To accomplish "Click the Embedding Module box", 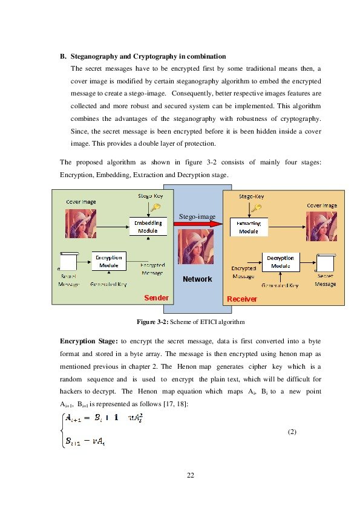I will click(x=148, y=227).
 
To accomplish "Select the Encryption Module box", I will click(x=109, y=261).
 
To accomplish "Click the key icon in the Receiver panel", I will click(x=256, y=208).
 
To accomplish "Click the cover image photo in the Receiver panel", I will click(x=321, y=225).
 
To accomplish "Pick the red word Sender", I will click(x=155, y=298).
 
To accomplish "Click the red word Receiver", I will click(x=241, y=299).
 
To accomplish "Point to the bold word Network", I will click(x=197, y=279).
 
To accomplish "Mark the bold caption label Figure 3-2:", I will click(x=150, y=321).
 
